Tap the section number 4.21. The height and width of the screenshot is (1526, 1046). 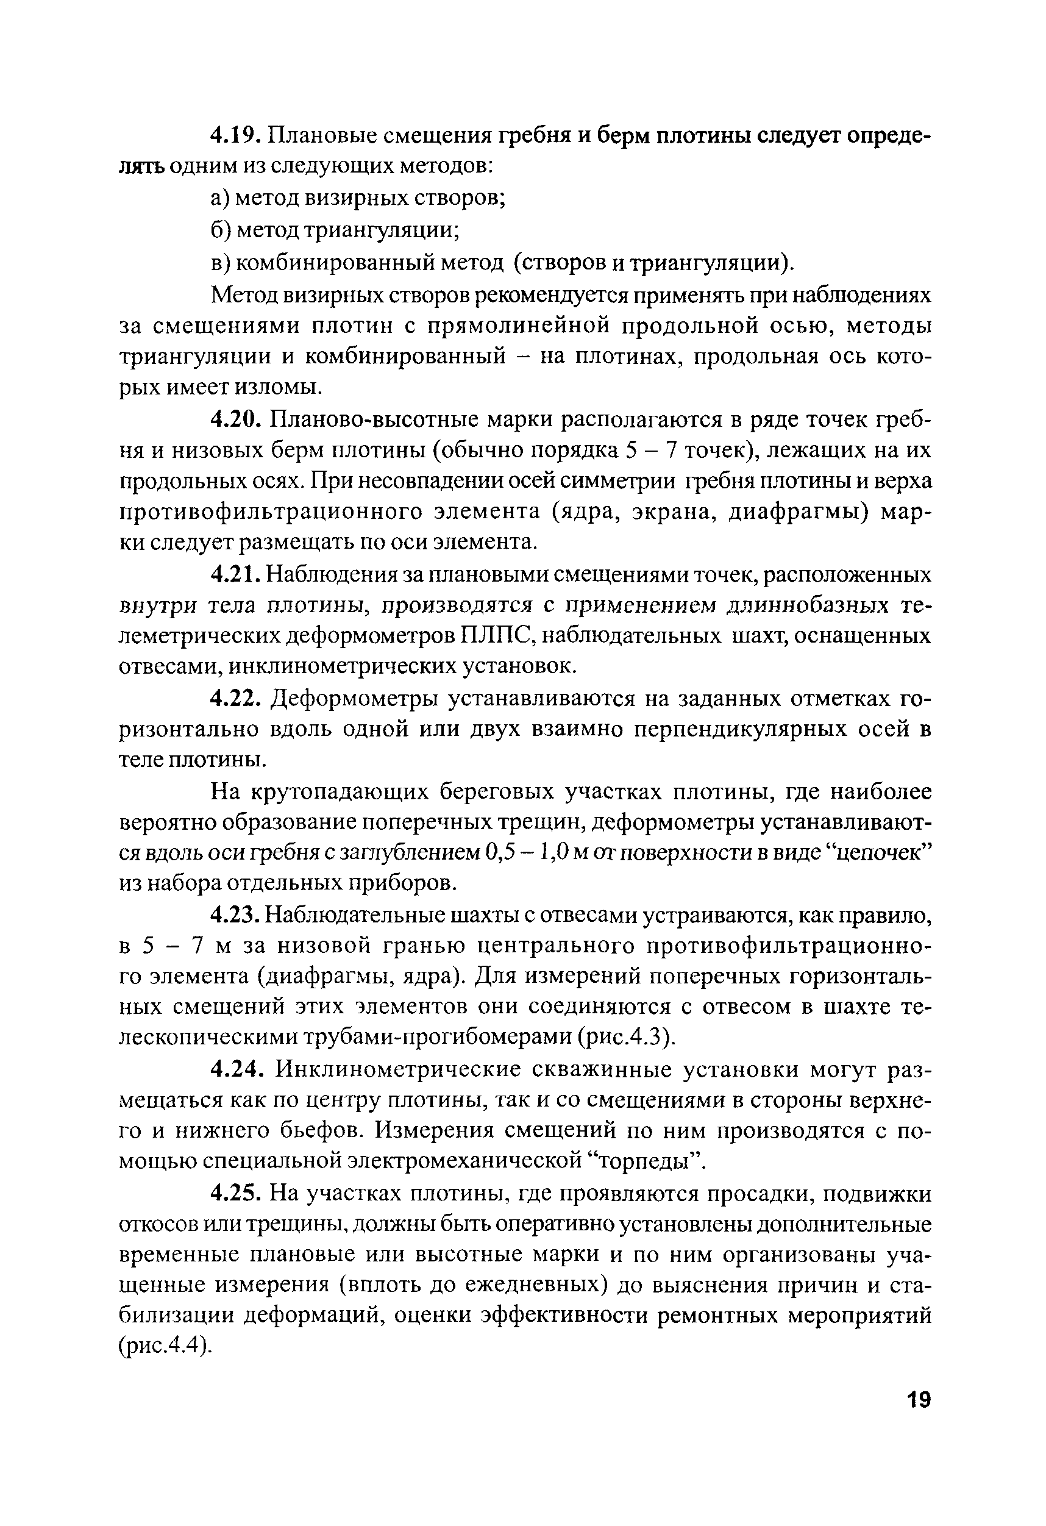coord(236,574)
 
